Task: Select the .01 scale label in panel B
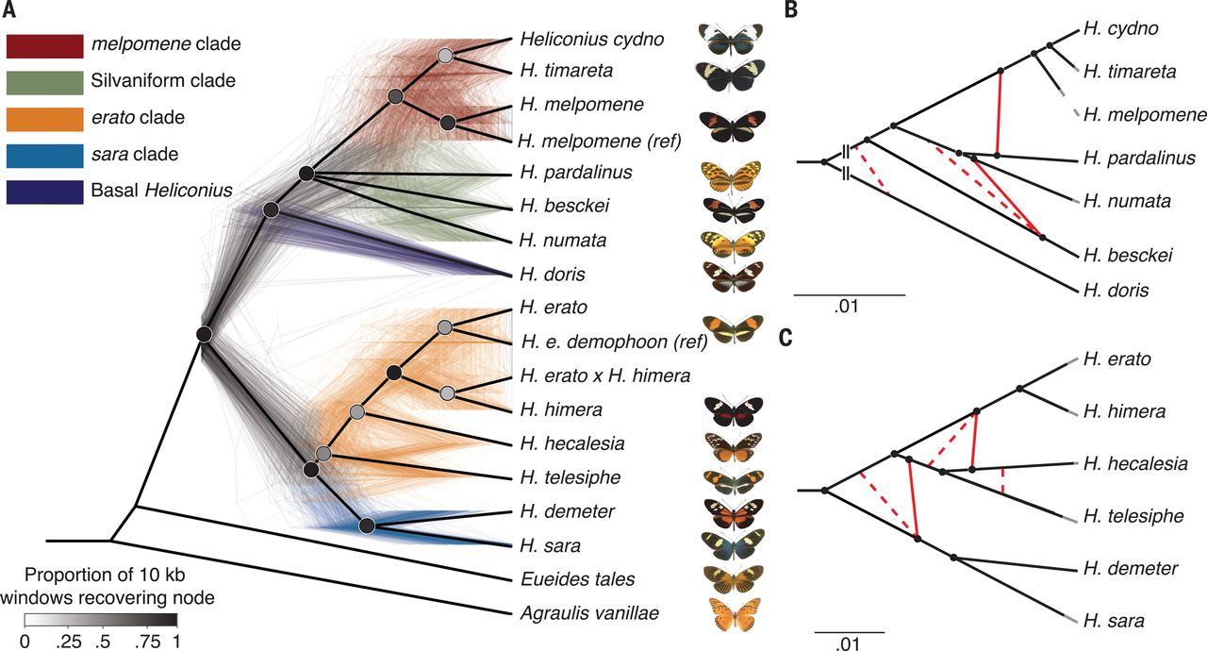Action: tap(848, 307)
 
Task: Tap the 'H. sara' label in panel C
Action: tap(1114, 621)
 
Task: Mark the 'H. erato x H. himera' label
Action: tap(604, 376)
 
